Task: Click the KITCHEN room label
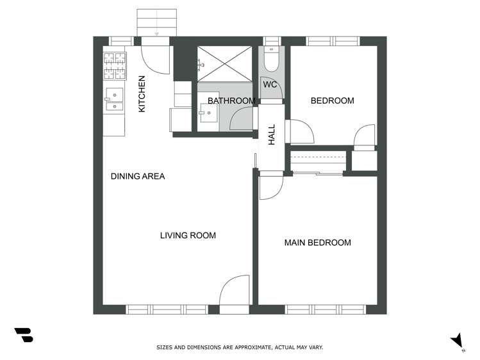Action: coord(142,94)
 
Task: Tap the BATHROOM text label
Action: coord(231,101)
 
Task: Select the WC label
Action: coord(270,84)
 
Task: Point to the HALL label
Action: coord(272,135)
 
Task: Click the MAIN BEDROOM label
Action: coord(317,243)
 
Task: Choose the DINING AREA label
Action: coord(138,176)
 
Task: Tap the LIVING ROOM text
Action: coord(188,235)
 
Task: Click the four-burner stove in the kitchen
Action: coord(115,65)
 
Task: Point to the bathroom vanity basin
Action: coord(207,114)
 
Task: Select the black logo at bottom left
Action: coord(24,334)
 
